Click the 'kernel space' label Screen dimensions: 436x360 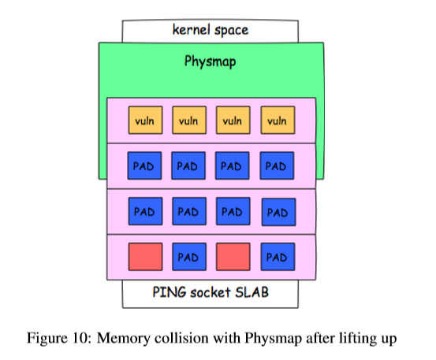tap(211, 30)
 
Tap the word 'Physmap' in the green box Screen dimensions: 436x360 tap(211, 61)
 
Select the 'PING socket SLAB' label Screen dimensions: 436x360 tap(211, 292)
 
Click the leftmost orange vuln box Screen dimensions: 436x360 tap(145, 120)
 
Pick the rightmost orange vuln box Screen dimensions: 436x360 tap(278, 120)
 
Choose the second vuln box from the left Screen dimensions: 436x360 tap(189, 120)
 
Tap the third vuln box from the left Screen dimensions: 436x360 tap(233, 120)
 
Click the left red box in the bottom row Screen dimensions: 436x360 tap(145, 257)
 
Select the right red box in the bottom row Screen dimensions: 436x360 tap(233, 257)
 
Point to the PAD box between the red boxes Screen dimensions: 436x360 tap(189, 257)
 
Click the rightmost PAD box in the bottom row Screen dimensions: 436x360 tap(278, 257)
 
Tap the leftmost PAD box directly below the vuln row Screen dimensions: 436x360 tap(144, 165)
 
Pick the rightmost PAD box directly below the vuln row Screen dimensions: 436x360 tap(277, 165)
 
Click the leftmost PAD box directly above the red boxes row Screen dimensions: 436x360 tap(145, 211)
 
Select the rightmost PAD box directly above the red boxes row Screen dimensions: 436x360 tap(278, 212)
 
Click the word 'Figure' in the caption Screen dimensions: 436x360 tap(47, 339)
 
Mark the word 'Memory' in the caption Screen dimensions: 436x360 tap(124, 339)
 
